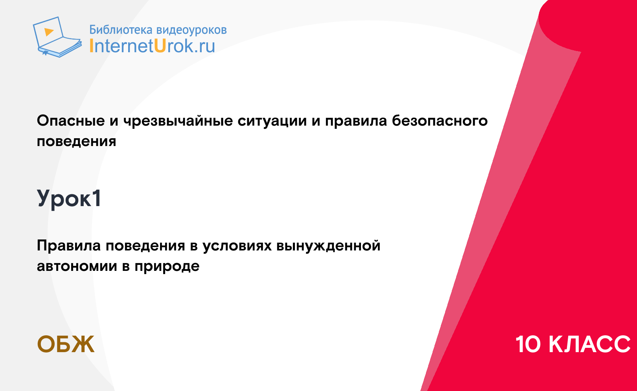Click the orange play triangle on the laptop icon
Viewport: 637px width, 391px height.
click(x=49, y=32)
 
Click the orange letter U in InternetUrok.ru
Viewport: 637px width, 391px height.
click(x=160, y=46)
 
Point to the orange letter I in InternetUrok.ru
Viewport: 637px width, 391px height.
click(x=91, y=46)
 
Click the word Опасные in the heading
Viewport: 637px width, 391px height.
click(x=71, y=121)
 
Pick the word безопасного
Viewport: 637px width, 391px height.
click(x=440, y=121)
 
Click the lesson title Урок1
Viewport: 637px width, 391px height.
click(x=69, y=199)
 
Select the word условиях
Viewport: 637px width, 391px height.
click(x=237, y=246)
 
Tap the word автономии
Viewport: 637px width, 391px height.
click(x=77, y=266)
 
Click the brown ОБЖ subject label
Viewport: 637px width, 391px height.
click(x=66, y=344)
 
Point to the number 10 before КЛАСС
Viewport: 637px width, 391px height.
click(x=528, y=344)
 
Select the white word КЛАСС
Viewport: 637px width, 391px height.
click(x=589, y=344)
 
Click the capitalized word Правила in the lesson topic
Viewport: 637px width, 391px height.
click(x=69, y=246)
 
